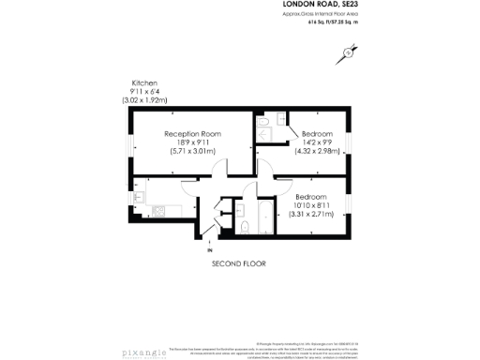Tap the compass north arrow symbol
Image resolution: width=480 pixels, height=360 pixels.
pos(349,53)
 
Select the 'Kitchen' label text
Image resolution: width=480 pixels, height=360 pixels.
pos(144,83)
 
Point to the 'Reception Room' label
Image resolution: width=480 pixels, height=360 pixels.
pos(193,134)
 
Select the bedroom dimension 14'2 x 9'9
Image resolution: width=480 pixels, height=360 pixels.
pos(315,142)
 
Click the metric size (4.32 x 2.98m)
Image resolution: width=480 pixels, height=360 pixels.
pos(316,151)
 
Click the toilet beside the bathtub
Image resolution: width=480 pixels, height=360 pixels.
pos(245,226)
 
